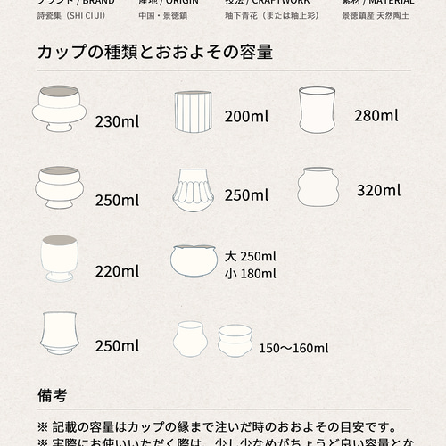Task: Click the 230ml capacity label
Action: [x=117, y=121]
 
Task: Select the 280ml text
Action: [x=376, y=116]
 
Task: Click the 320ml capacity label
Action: [x=378, y=190]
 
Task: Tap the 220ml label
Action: [x=117, y=270]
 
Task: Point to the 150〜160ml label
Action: [x=293, y=348]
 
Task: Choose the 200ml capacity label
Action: [x=246, y=116]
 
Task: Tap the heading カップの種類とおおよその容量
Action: [x=155, y=53]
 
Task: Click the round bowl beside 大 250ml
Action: [x=194, y=260]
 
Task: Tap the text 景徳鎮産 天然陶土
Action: [x=377, y=16]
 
